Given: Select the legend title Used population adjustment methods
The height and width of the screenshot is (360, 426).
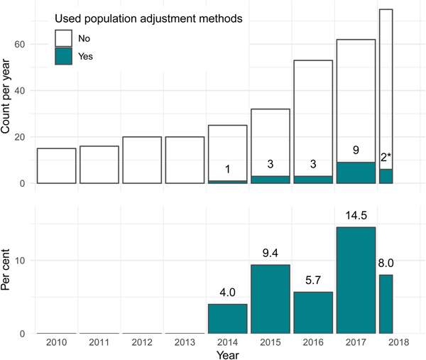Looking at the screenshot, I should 149,20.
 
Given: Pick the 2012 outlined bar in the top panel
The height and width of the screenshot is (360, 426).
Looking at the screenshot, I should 141,160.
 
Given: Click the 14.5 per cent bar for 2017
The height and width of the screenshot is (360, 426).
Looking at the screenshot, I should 356,280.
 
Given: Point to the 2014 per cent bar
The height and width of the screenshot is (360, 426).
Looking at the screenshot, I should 227,319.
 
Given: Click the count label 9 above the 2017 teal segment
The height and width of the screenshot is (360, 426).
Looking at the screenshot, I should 356,151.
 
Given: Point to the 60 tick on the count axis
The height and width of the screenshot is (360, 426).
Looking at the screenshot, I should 21,45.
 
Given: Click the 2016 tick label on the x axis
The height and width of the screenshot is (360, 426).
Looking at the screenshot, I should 312,342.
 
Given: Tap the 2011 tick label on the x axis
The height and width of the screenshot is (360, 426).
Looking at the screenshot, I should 99,342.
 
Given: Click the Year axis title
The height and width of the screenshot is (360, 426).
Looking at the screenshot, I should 227,353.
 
